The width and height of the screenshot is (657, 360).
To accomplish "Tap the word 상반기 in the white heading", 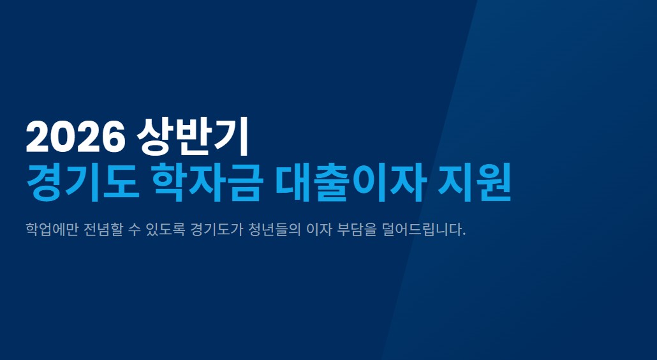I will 192,137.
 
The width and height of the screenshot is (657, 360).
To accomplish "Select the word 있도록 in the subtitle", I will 168,229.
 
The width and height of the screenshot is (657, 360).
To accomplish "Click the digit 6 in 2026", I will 113,137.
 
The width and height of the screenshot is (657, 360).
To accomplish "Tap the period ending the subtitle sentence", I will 464,234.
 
